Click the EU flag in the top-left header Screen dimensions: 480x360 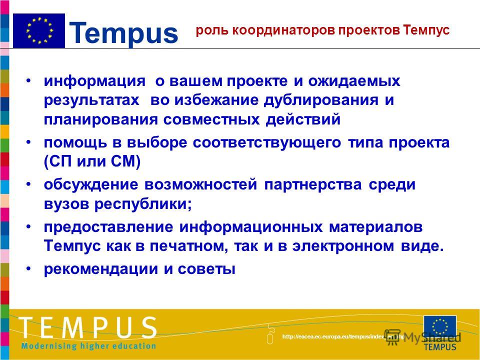pyautogui.click(x=39, y=30)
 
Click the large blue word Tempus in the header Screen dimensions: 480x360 pyautogui.click(x=124, y=33)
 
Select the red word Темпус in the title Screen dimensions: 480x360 pyautogui.click(x=426, y=30)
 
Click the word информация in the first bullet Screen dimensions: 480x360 pyautogui.click(x=94, y=81)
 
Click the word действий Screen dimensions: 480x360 pyautogui.click(x=303, y=119)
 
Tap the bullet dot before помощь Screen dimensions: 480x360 pyautogui.click(x=28, y=142)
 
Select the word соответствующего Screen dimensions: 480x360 pyautogui.click(x=267, y=142)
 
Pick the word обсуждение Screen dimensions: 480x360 pyautogui.click(x=90, y=185)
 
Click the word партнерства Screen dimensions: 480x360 pyautogui.click(x=312, y=185)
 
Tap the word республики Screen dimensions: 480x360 pyautogui.click(x=143, y=204)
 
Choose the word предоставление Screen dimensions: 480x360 pyautogui.click(x=108, y=227)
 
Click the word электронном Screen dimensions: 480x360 pyautogui.click(x=343, y=246)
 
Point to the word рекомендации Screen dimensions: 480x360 pyautogui.click(x=100, y=269)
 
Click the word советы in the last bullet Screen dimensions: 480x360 pyautogui.click(x=206, y=269)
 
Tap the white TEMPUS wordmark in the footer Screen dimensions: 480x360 pyautogui.click(x=88, y=327)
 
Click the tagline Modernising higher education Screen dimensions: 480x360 pyautogui.click(x=88, y=346)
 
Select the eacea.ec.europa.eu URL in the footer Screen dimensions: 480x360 pyautogui.click(x=343, y=336)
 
